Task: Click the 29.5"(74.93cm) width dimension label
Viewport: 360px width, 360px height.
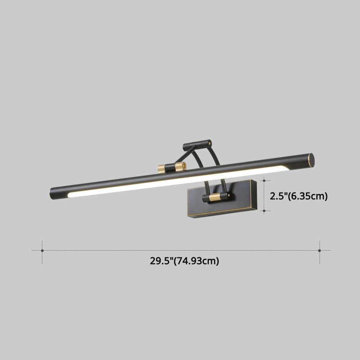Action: pyautogui.click(x=184, y=261)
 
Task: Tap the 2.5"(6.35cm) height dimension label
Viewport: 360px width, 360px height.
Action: pyautogui.click(x=298, y=196)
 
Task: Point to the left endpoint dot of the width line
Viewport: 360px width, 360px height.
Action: pyautogui.click(x=42, y=250)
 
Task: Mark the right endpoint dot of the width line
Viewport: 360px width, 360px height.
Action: pyautogui.click(x=319, y=250)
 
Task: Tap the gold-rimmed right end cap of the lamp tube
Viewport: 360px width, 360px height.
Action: pyautogui.click(x=310, y=159)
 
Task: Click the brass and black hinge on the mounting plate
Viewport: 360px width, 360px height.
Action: pyautogui.click(x=216, y=197)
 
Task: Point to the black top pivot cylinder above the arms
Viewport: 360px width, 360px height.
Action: pyautogui.click(x=197, y=144)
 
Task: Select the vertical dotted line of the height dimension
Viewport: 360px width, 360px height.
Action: pyautogui.click(x=264, y=195)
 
